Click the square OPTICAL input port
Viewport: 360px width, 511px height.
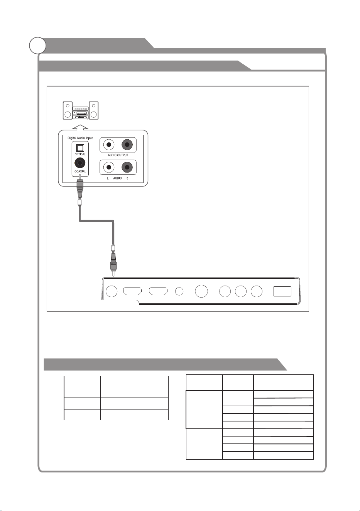pos(80,148)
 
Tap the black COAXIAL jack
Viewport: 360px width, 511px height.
pos(80,163)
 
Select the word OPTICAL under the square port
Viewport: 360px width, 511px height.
pos(80,154)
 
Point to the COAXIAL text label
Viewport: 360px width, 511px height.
pos(80,171)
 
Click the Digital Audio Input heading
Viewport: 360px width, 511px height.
pos(80,138)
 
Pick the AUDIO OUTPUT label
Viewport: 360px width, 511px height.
pos(118,155)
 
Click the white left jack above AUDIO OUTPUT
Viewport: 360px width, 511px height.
pos(109,145)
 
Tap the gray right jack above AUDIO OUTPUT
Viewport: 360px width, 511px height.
pos(127,145)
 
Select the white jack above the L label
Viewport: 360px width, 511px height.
pos(109,167)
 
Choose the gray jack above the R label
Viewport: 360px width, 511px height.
pos(127,167)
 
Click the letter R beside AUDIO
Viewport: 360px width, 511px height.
pos(127,178)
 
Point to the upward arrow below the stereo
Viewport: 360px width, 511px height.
pos(80,127)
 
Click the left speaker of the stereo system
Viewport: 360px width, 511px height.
pos(68,110)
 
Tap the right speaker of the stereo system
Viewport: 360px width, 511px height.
pos(93,110)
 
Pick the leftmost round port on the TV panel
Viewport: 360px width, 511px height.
pos(112,291)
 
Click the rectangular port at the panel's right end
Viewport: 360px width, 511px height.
pos(282,291)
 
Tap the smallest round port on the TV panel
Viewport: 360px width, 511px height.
pos(179,291)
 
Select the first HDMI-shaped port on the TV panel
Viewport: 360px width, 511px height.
pos(132,291)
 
